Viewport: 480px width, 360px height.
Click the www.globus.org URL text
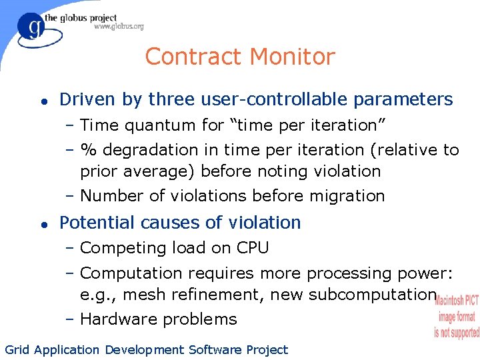pyautogui.click(x=118, y=27)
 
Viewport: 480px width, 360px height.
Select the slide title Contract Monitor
pyautogui.click(x=239, y=57)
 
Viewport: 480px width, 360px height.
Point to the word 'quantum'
pyautogui.click(x=156, y=125)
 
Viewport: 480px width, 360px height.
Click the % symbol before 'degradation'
pyautogui.click(x=86, y=150)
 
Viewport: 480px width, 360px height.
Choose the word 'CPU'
pyautogui.click(x=253, y=248)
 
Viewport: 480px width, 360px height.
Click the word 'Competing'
pyautogui.click(x=117, y=249)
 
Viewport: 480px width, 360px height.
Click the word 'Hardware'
pyautogui.click(x=115, y=319)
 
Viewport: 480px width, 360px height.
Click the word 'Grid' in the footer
pyautogui.click(x=17, y=349)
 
